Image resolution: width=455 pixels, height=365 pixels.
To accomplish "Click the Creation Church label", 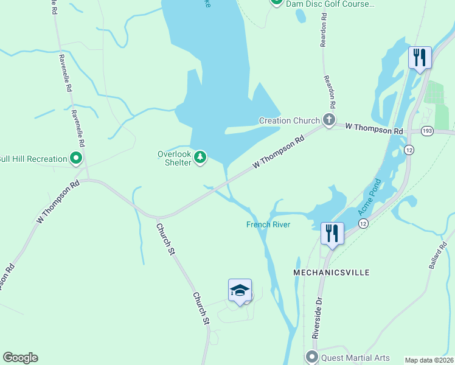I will pos(289,120).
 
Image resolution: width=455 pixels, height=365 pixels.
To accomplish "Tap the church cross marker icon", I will pos(329,119).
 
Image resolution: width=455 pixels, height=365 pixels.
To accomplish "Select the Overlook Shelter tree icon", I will pos(200,158).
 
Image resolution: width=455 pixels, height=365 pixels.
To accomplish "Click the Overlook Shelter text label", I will pos(175,158).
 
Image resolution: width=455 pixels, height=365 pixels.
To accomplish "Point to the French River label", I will pos(268,224).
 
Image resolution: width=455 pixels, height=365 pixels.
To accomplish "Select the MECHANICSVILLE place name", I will pos(332,273).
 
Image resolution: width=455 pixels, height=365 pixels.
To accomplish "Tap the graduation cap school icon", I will pos(240,291).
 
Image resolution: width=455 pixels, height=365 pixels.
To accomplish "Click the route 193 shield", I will pos(426,131).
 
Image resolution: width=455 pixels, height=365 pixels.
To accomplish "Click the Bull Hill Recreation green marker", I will pos(76,159).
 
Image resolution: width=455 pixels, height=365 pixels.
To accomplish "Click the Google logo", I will pos(20,358).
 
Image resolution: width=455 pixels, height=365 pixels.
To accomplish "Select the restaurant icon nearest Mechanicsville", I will pos(332,234).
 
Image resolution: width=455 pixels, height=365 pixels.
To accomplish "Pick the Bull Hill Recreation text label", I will pos(33,159).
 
